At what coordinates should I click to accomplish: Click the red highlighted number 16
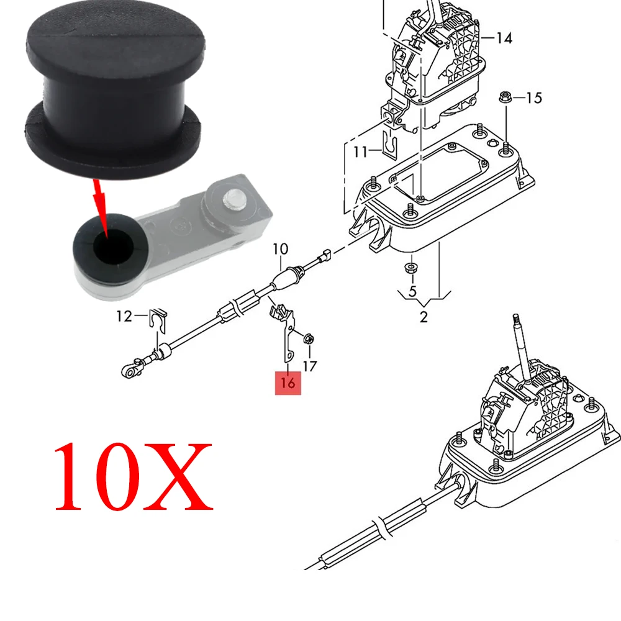(x=288, y=383)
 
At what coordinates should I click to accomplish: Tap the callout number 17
(x=309, y=366)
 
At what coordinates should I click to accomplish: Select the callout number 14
(x=504, y=39)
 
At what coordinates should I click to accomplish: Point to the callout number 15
(x=533, y=97)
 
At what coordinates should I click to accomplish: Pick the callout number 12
(x=124, y=317)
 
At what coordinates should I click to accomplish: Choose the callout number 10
(x=281, y=250)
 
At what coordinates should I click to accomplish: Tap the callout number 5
(x=412, y=290)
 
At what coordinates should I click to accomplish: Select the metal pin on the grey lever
(x=235, y=198)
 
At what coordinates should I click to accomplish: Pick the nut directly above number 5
(x=411, y=268)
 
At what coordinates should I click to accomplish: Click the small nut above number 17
(x=308, y=340)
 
